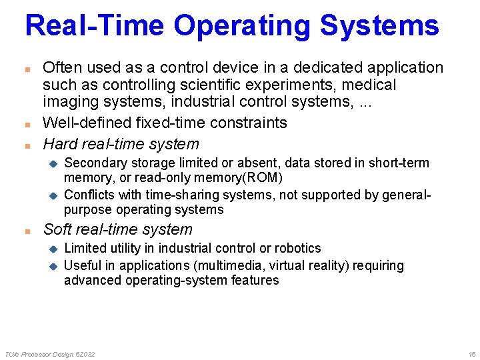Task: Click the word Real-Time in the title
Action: click(x=95, y=25)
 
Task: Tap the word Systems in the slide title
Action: click(x=379, y=25)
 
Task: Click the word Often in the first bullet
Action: click(x=61, y=67)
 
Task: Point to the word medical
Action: click(x=369, y=85)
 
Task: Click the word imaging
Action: click(x=69, y=103)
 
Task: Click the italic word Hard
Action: click(x=60, y=143)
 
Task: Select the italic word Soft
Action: click(x=58, y=229)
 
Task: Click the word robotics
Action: click(x=297, y=248)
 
